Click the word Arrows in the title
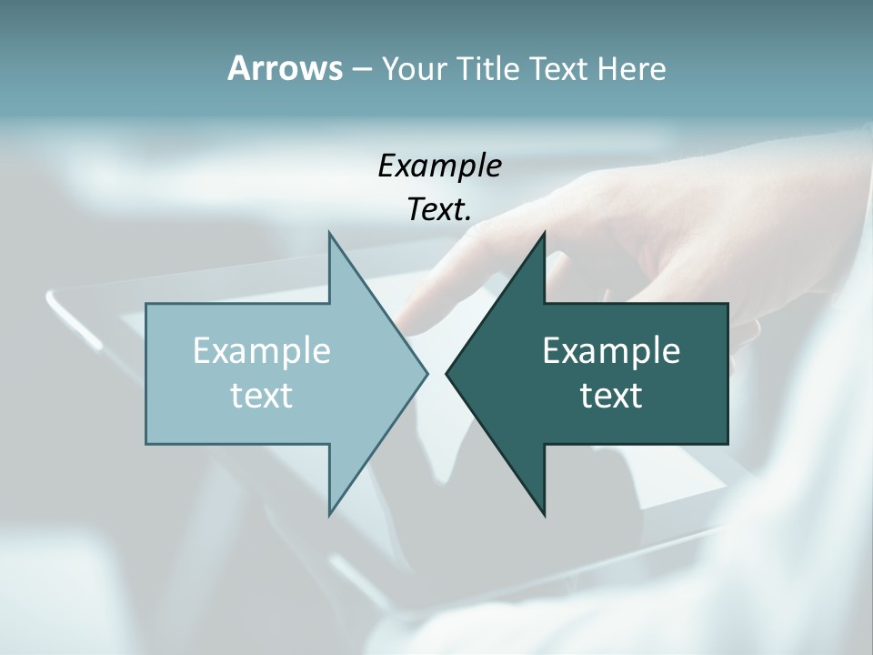[x=284, y=68]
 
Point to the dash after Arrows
[x=360, y=69]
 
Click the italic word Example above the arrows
[x=439, y=166]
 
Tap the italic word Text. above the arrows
[x=439, y=209]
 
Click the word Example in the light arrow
[x=262, y=350]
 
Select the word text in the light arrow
[x=262, y=395]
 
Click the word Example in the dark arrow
[x=611, y=350]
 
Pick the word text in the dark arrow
[x=611, y=395]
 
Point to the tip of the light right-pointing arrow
[x=426, y=373]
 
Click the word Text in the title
[x=558, y=68]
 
